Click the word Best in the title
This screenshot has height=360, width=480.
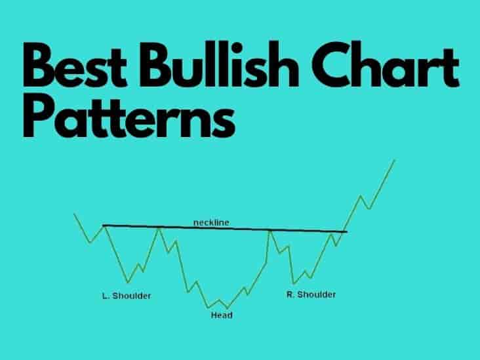pos(75,65)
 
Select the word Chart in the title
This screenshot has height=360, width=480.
pos(386,64)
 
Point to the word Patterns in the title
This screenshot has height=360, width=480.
pos(129,115)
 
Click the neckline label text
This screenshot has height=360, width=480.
pos(211,222)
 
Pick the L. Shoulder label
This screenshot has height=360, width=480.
pos(127,296)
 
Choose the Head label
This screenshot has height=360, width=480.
pos(222,315)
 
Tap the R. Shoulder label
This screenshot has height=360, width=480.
pos(311,294)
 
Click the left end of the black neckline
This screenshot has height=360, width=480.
pos(103,226)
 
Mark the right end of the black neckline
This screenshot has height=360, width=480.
pos(347,231)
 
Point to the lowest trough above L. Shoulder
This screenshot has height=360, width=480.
pos(128,282)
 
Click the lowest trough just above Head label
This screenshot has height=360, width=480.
pos(227,308)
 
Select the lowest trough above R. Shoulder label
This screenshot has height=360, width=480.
pos(294,284)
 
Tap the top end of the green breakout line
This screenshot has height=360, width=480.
pos(395,160)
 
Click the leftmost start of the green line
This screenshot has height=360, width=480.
pos(74,214)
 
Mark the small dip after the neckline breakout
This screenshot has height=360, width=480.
pos(369,209)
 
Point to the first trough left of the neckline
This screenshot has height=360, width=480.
pos(90,243)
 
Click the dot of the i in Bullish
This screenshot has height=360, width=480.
pos(237,48)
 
